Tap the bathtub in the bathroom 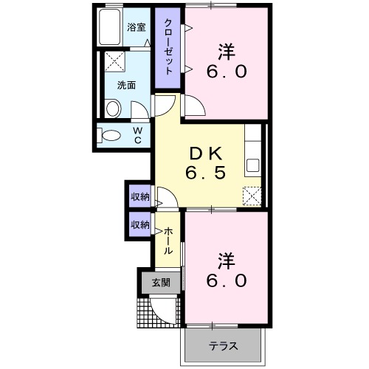click(111, 28)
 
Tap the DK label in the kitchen click(204, 154)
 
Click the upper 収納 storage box click(140, 197)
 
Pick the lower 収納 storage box click(140, 224)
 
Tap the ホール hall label click(167, 241)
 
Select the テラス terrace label click(223, 345)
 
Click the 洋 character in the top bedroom click(226, 52)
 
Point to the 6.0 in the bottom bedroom click(226, 281)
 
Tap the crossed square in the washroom click(114, 61)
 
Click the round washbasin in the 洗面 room click(113, 109)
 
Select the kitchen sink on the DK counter click(252, 164)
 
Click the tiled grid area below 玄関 click(156, 311)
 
